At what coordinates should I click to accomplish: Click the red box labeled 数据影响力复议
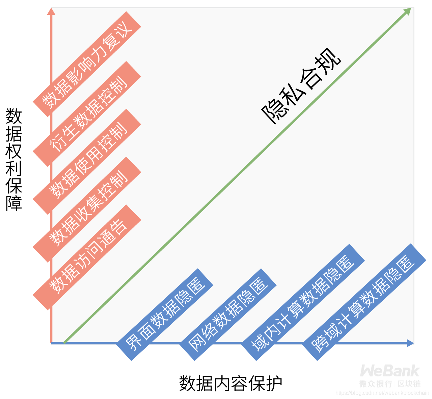pyautogui.click(x=87, y=64)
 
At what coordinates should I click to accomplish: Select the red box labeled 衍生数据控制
pyautogui.click(x=87, y=114)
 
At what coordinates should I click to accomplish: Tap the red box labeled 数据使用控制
pyautogui.click(x=87, y=162)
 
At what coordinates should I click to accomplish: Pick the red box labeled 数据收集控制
pyautogui.click(x=87, y=209)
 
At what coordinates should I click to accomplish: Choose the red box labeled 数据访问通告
pyautogui.click(x=87, y=257)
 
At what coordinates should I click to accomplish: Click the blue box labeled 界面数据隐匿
pyautogui.click(x=165, y=315)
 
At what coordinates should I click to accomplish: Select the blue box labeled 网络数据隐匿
pyautogui.click(x=228, y=315)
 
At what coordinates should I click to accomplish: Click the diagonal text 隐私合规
pyautogui.click(x=301, y=86)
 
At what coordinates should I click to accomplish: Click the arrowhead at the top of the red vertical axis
pyautogui.click(x=51, y=11)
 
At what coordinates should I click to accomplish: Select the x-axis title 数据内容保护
pyautogui.click(x=231, y=383)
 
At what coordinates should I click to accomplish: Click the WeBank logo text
pyautogui.click(x=390, y=371)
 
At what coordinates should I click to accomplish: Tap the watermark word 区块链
pyautogui.click(x=409, y=384)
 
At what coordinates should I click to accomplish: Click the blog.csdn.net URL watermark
pyautogui.click(x=382, y=393)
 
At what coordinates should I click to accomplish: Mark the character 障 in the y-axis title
pyautogui.click(x=14, y=203)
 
